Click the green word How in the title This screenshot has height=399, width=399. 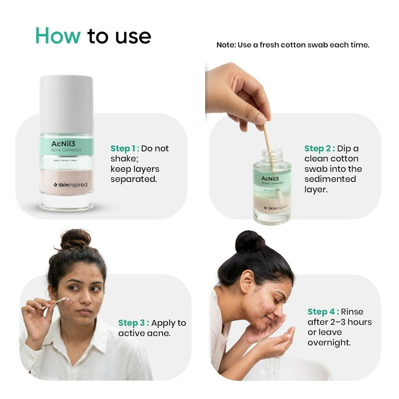coord(58,36)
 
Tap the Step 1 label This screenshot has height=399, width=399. coord(125,148)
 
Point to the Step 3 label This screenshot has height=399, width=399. coord(133,323)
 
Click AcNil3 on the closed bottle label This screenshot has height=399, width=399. coord(63,144)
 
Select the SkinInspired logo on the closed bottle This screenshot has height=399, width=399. coord(71,185)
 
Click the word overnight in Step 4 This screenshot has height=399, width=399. coord(329,343)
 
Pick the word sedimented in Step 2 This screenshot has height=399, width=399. coord(330,179)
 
